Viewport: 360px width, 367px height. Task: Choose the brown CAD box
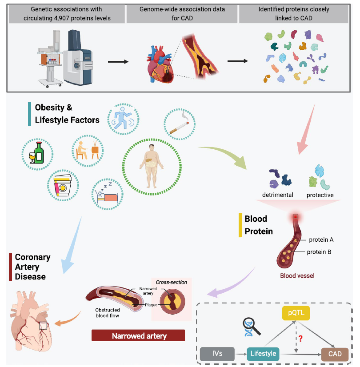[335, 354]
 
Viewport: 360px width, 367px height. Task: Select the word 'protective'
[320, 195]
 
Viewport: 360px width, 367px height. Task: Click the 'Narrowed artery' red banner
[138, 335]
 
